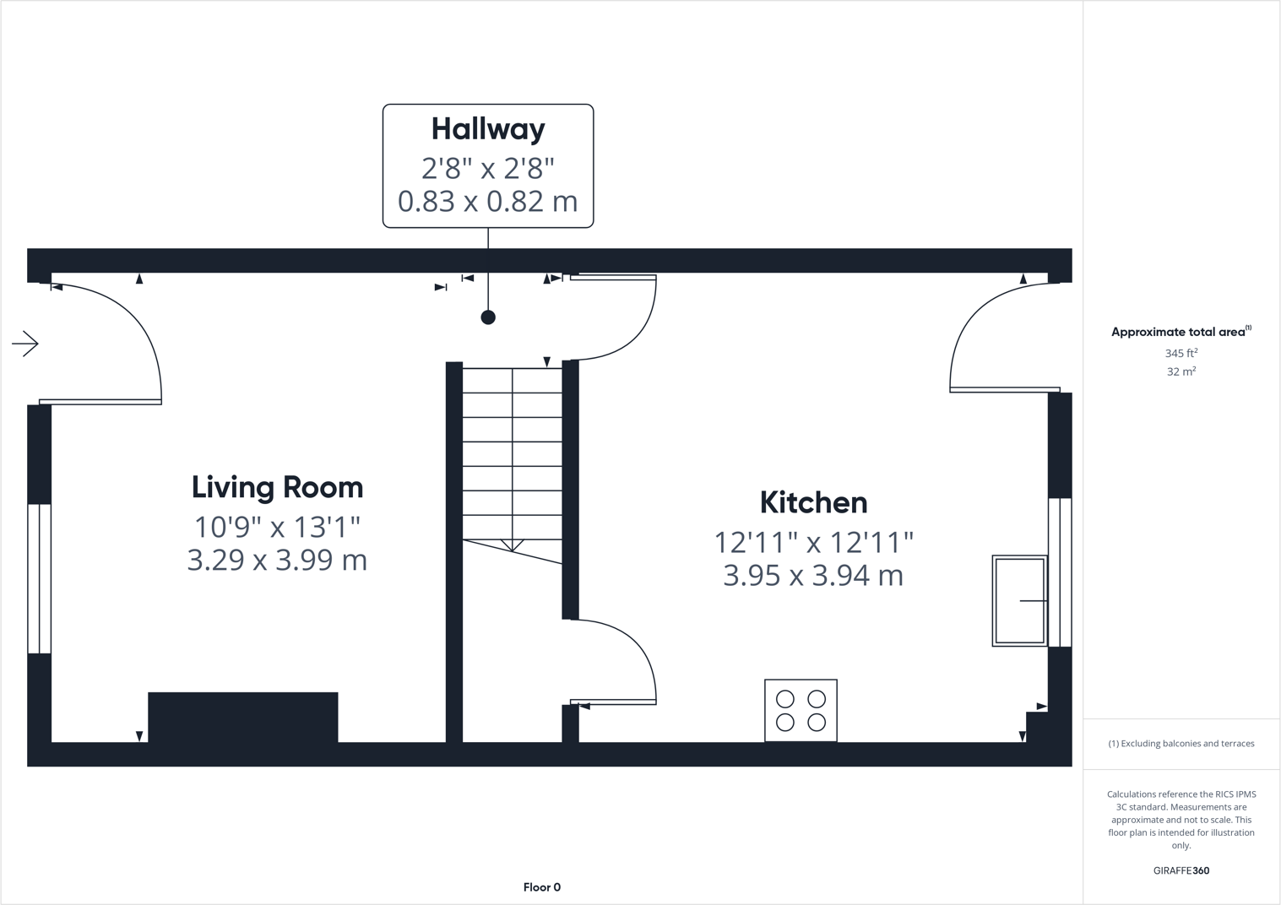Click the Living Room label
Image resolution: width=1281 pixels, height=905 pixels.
[277, 487]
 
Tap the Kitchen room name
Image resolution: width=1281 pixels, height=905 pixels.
[813, 502]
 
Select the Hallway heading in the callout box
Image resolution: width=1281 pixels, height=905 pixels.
[488, 129]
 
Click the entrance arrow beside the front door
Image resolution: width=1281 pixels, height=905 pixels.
[25, 344]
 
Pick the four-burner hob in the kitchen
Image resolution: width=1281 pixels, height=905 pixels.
[801, 710]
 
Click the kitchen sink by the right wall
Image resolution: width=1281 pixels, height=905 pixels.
[1019, 601]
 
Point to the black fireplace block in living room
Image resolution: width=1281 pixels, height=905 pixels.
[243, 717]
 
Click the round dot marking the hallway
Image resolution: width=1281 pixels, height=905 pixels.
[488, 317]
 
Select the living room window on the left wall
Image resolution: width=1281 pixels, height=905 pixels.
[39, 578]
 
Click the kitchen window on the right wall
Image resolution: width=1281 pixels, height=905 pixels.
[1060, 572]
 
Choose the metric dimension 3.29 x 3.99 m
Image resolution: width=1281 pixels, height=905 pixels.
[277, 561]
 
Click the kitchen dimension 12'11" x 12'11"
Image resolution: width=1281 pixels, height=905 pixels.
[813, 541]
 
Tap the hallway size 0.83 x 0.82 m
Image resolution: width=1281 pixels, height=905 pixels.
[488, 202]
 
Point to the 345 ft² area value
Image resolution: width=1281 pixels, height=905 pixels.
[1181, 353]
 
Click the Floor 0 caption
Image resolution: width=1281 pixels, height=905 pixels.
[541, 887]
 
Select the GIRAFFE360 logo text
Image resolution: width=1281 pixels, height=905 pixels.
[1181, 870]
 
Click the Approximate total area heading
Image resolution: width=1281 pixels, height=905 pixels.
[1180, 332]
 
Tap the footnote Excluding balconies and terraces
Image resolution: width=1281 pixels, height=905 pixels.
[1181, 744]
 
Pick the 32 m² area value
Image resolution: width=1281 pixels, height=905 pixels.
[1181, 371]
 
